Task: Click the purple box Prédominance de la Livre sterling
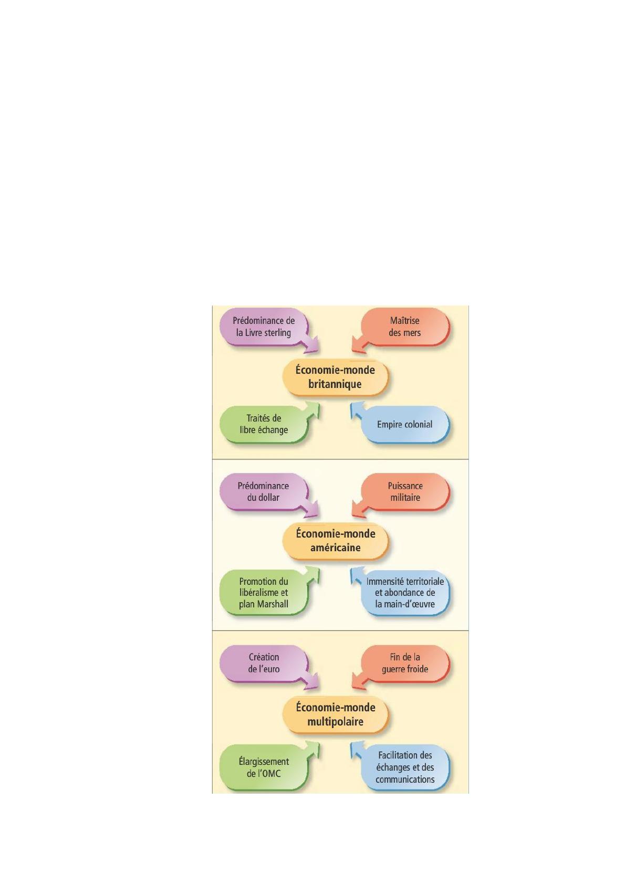click(264, 327)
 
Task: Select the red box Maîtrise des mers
click(405, 327)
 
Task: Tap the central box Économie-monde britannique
click(335, 377)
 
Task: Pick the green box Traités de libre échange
click(264, 424)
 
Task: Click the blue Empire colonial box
click(405, 425)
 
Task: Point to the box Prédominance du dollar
click(264, 492)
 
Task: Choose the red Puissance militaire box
click(405, 492)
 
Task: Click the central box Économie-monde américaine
click(335, 541)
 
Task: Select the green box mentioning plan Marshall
click(264, 592)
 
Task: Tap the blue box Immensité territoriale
click(405, 592)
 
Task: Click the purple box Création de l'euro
click(264, 664)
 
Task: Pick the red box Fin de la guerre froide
click(405, 664)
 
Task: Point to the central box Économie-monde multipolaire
click(335, 714)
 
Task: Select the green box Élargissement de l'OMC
click(264, 767)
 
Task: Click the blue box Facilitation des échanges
click(405, 767)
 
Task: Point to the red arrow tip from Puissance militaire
click(352, 515)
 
